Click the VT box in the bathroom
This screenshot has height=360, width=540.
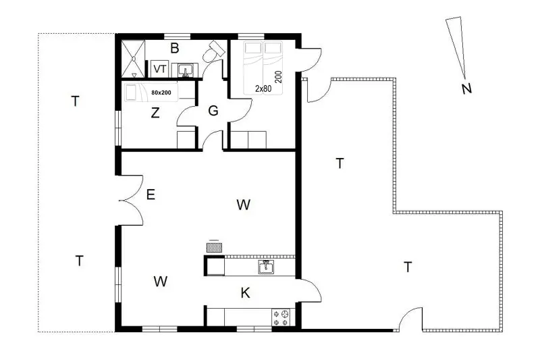pos(159,69)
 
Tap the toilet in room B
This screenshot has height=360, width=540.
pos(213,52)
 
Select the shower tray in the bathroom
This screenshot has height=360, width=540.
pos(133,59)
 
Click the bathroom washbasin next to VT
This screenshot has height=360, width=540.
pos(185,71)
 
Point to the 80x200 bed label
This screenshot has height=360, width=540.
pos(161,93)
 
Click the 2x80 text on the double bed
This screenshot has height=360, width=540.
pos(263,88)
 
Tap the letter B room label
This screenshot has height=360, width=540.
pos(175,48)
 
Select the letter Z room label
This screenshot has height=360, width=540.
pos(155,113)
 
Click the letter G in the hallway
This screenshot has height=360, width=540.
pos(213,111)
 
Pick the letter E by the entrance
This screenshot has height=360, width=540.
pos(151,195)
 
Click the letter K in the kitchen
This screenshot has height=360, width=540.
pos(245,293)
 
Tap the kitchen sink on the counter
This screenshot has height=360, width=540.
pos(266,267)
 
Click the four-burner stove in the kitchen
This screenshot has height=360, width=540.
pos(281,317)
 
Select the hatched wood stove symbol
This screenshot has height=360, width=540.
pos(214,247)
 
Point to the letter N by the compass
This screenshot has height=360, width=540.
pos(466,88)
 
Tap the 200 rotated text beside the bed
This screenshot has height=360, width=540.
pos(279,77)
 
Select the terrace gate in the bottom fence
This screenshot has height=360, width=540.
pos(411,319)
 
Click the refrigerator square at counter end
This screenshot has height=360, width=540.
pos(215,266)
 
